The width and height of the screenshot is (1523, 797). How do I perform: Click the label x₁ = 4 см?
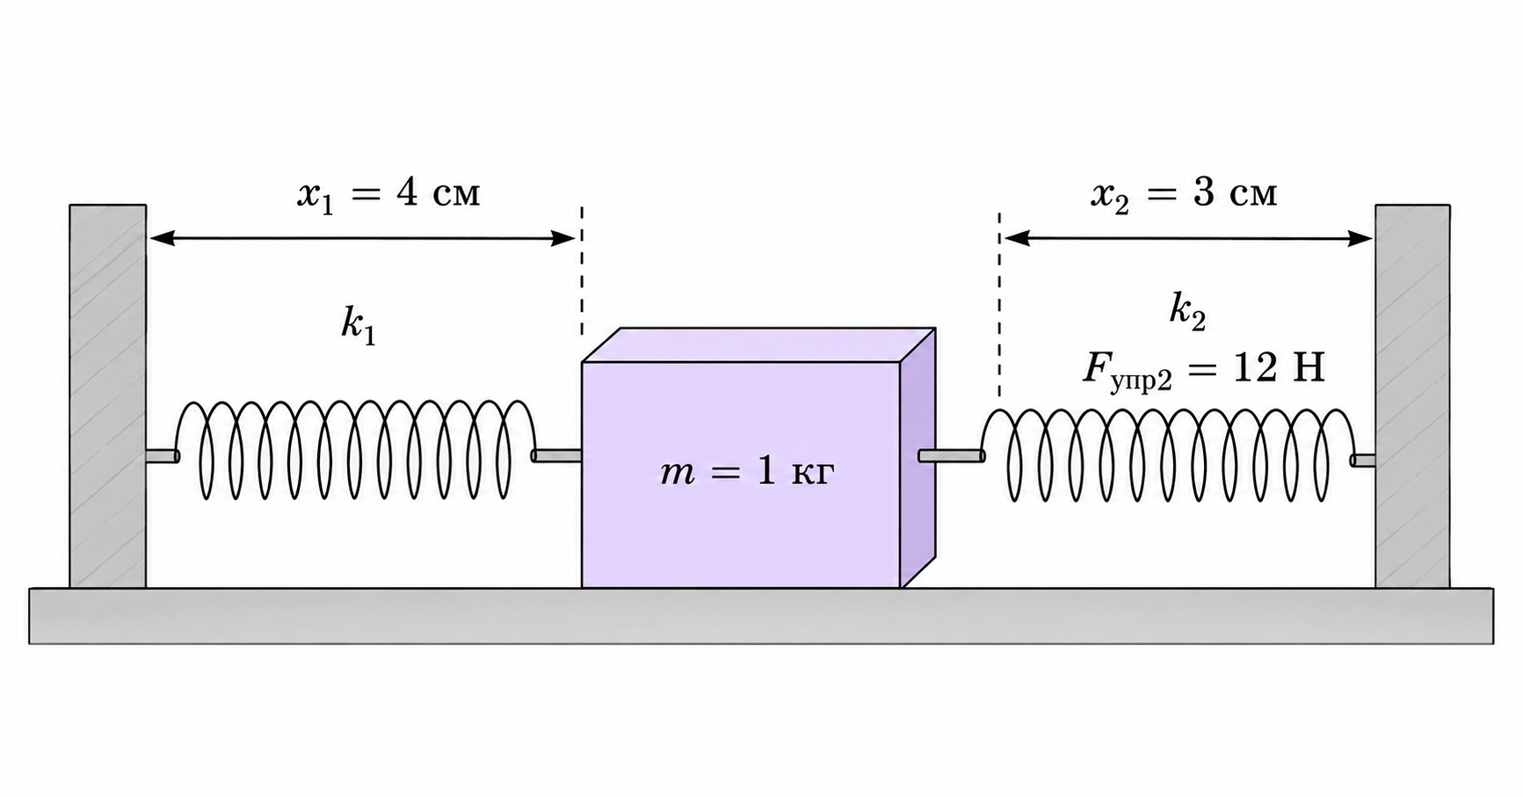point(388,193)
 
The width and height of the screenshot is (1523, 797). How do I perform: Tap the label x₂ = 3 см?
point(1184,193)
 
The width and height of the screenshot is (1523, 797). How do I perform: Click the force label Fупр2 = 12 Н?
point(1203,370)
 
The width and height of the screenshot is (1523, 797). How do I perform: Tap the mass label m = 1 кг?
point(746,474)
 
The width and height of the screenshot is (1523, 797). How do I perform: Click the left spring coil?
point(356,450)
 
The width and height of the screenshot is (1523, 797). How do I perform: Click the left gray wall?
point(107,396)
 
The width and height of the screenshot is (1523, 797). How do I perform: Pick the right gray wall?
point(1412,396)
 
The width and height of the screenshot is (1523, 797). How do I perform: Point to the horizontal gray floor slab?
point(761,616)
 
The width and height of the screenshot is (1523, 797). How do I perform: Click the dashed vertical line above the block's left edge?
point(582,272)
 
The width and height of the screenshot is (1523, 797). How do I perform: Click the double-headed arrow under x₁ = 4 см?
point(362,237)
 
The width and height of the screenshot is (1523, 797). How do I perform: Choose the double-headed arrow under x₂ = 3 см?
point(1188,237)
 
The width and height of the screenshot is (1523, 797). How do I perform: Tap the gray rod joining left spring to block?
point(557,455)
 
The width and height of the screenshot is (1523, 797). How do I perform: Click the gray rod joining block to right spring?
point(951,455)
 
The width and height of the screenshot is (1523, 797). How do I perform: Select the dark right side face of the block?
point(917,458)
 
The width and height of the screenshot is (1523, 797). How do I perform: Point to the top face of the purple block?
point(758,344)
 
